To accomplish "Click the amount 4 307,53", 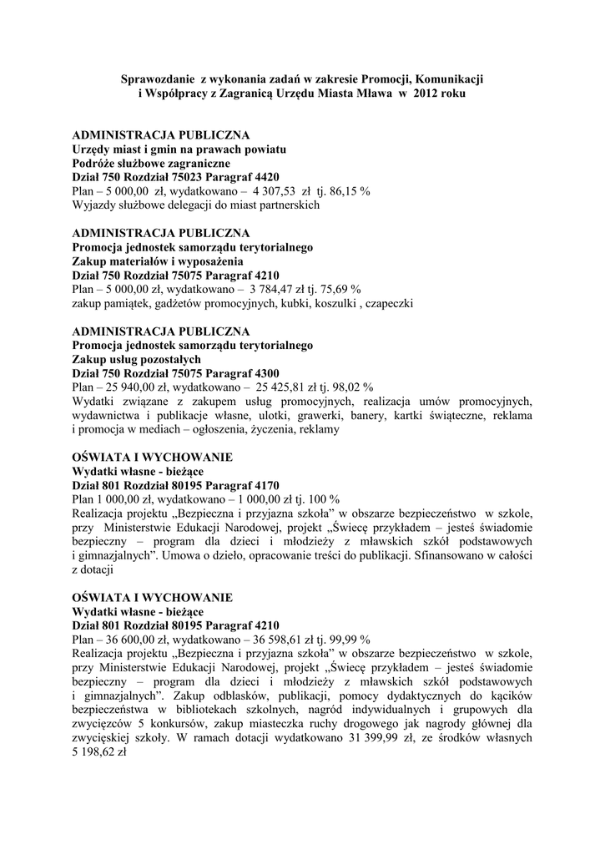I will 283,190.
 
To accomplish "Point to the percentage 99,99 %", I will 350,640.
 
